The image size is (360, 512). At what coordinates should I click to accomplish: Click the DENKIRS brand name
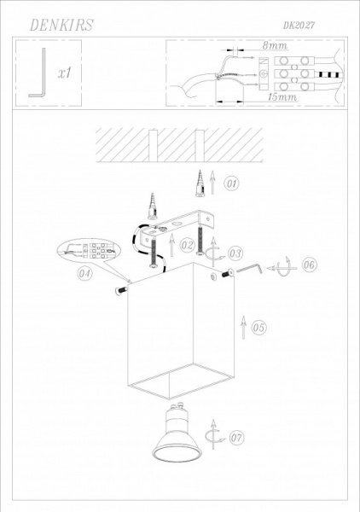[61, 25]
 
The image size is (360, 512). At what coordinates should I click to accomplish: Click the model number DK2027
[299, 25]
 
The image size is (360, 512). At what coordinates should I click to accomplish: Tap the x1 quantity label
[64, 73]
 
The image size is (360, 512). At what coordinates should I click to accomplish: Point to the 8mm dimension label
[275, 45]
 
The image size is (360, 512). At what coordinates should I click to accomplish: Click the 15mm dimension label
[282, 97]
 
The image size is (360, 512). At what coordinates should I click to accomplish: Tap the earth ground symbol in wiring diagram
[264, 73]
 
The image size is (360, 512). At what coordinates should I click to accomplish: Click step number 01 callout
[231, 183]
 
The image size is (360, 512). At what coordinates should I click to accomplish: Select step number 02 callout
[187, 245]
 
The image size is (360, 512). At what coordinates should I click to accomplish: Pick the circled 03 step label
[235, 253]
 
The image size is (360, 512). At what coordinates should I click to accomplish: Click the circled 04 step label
[84, 273]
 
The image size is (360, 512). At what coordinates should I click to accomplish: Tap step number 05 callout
[258, 327]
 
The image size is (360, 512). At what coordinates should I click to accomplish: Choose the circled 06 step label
[309, 265]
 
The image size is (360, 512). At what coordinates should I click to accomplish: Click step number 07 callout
[236, 438]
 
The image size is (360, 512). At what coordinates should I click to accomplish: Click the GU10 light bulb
[177, 433]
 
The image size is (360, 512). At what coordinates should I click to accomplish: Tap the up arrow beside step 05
[243, 327]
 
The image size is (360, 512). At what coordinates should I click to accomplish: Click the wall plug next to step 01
[200, 183]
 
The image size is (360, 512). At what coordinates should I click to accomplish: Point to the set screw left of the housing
[120, 290]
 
